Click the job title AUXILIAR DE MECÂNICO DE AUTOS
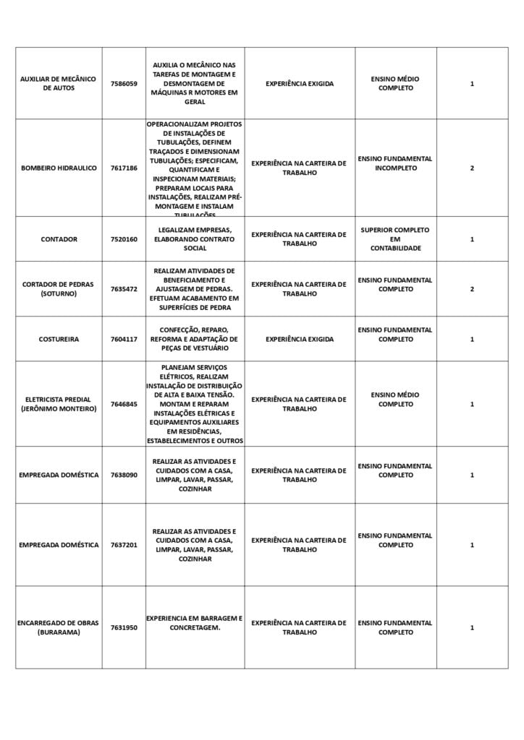pos(59,84)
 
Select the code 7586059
pos(124,84)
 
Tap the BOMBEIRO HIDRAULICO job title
pos(59,168)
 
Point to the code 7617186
pos(124,168)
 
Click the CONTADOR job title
pos(59,239)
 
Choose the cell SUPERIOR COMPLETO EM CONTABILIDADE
pos(395,239)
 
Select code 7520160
pos(124,239)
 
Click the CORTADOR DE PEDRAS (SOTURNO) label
pos(59,289)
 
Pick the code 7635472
pos(124,289)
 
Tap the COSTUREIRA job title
pos(59,339)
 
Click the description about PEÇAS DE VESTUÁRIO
pos(195,339)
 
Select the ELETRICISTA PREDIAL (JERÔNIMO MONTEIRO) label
pos(59,404)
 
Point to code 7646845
pos(124,404)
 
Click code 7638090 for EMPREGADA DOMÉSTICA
pos(124,475)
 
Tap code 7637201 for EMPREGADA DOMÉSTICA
pos(124,545)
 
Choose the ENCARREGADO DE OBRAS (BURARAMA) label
pos(59,627)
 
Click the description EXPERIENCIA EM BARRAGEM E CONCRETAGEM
pos(195,623)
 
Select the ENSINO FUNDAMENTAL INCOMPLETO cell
pos(395,163)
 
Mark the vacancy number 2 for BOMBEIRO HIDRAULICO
pos(472,168)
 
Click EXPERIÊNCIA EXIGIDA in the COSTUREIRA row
pos(300,339)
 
